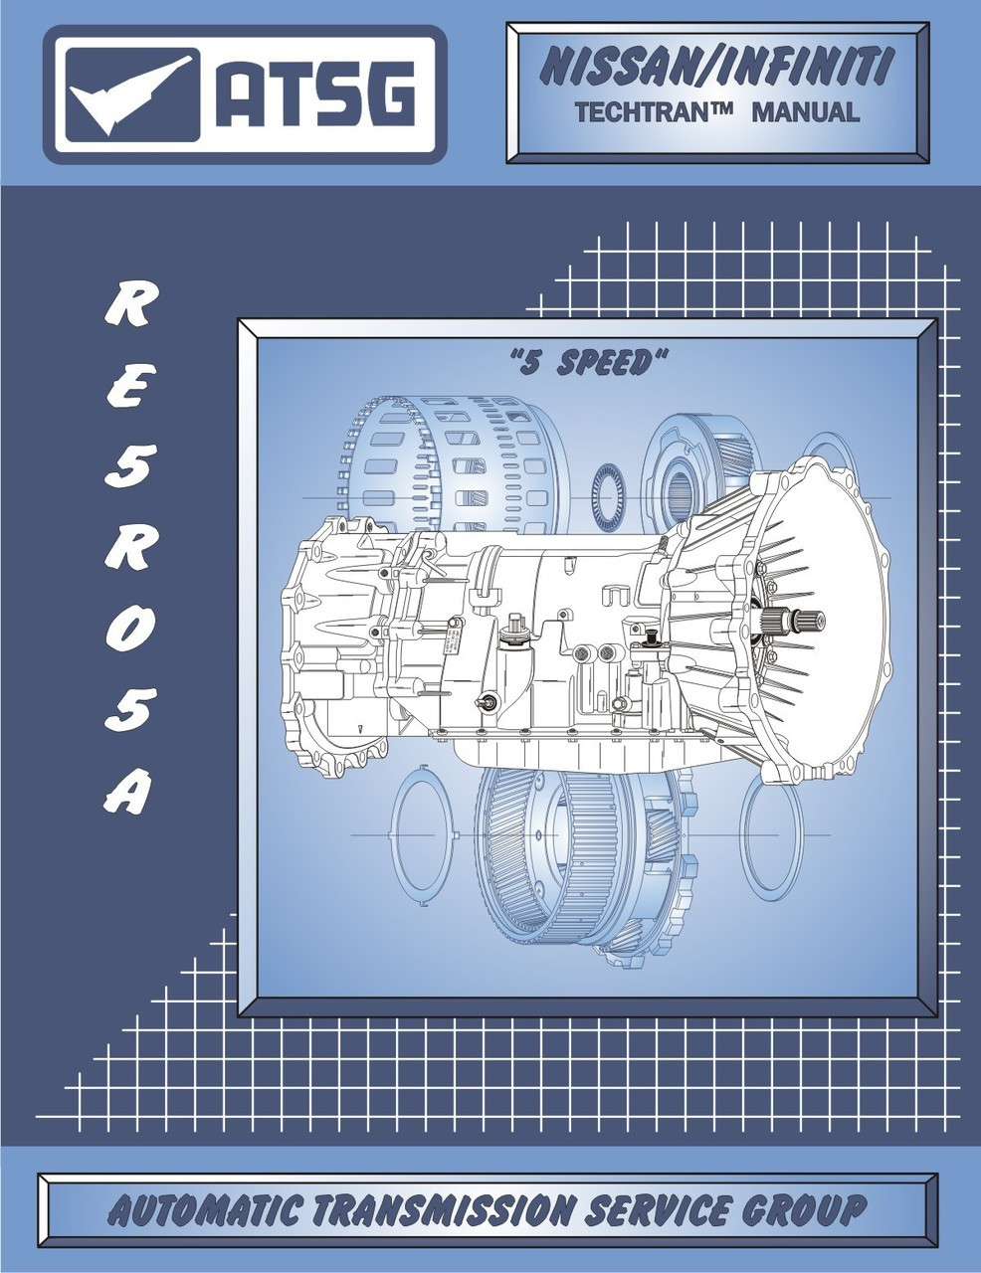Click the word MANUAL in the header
tap(805, 112)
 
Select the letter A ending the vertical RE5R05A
tap(128, 791)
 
